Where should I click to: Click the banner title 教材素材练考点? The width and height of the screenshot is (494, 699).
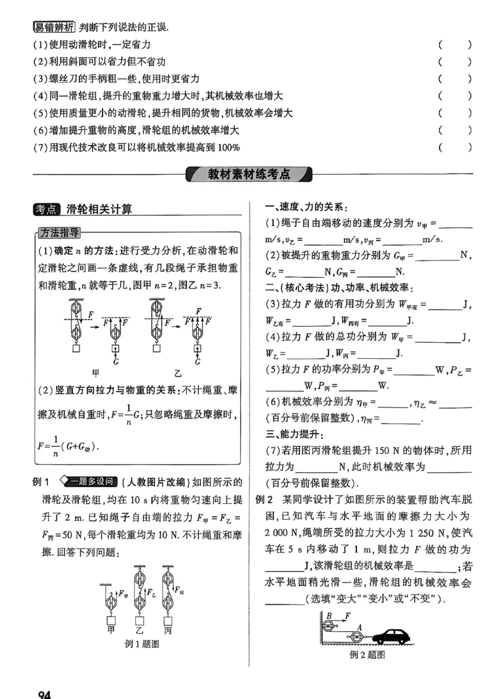pyautogui.click(x=249, y=174)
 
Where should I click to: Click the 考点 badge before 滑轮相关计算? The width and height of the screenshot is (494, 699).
pyautogui.click(x=47, y=209)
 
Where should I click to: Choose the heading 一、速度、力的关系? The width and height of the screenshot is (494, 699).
pyautogui.click(x=306, y=206)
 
